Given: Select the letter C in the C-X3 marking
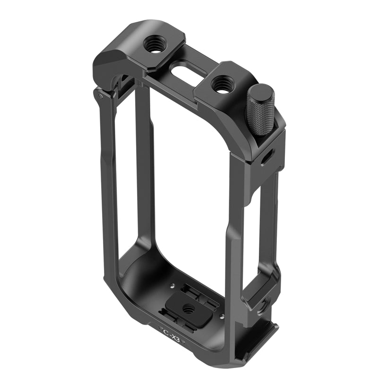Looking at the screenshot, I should (165, 331).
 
